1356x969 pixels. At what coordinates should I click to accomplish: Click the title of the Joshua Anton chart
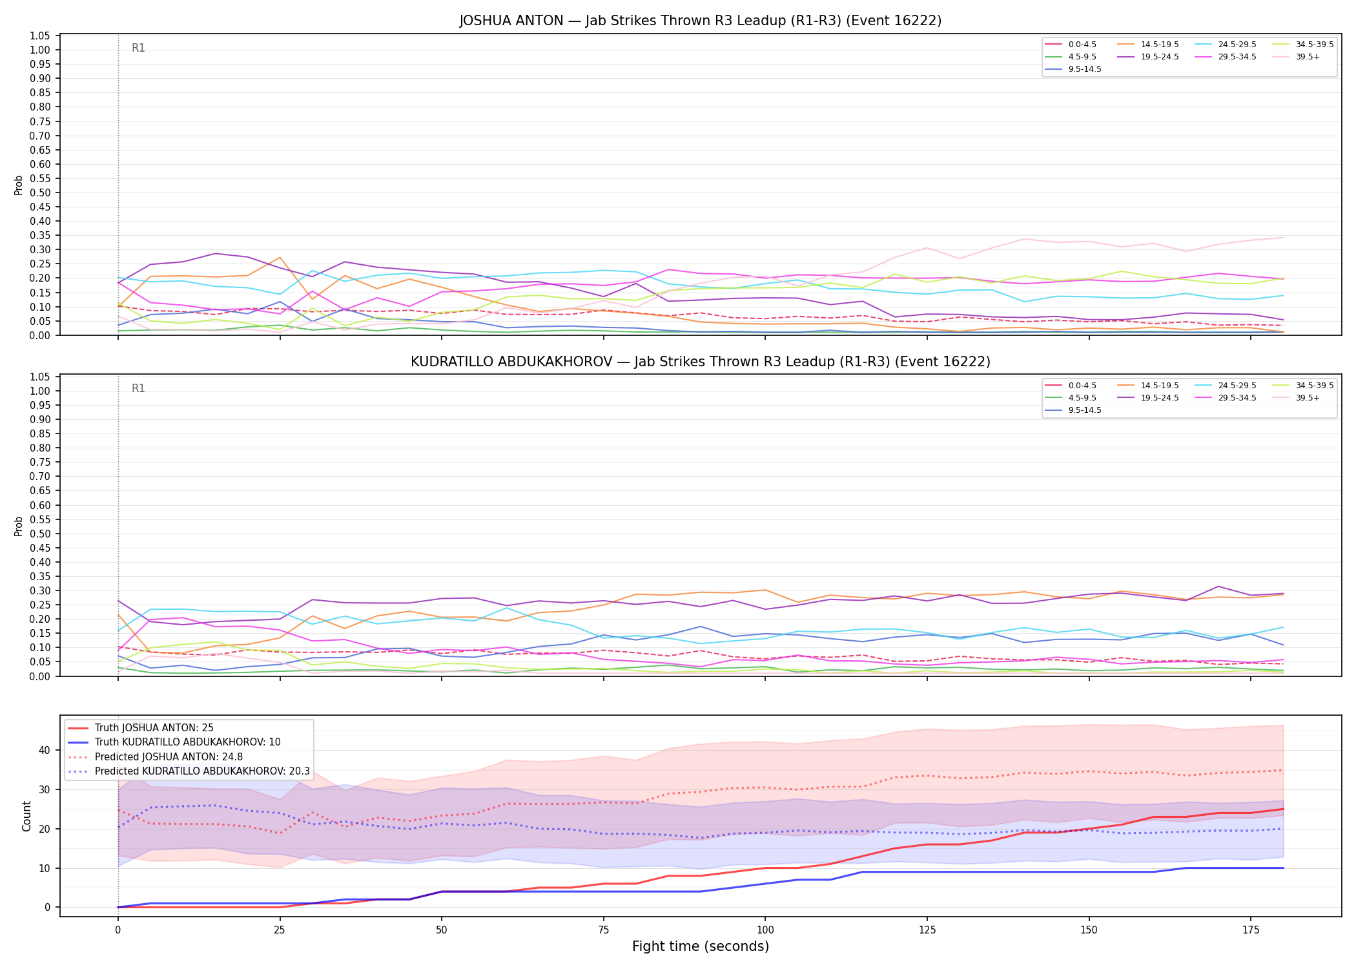pos(701,21)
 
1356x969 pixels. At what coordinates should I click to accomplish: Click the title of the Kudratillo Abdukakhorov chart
pos(701,362)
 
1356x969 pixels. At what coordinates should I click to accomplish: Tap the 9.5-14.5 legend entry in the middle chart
pos(1073,410)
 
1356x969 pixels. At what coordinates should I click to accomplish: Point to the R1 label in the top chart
pos(138,48)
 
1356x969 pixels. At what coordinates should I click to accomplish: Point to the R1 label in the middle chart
pos(138,388)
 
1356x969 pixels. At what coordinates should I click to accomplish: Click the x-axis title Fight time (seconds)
pos(701,946)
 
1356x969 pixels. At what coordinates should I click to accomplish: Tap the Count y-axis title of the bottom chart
pos(26,816)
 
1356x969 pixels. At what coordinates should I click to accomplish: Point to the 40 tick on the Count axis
pos(44,750)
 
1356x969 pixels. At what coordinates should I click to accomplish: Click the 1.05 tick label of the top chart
pos(40,36)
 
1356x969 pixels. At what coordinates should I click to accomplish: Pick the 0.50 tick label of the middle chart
pos(40,534)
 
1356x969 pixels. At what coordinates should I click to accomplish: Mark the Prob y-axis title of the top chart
pos(19,185)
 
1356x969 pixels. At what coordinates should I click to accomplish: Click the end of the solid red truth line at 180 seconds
pos(1283,809)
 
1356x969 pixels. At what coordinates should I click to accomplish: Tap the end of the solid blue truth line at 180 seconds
pos(1283,868)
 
